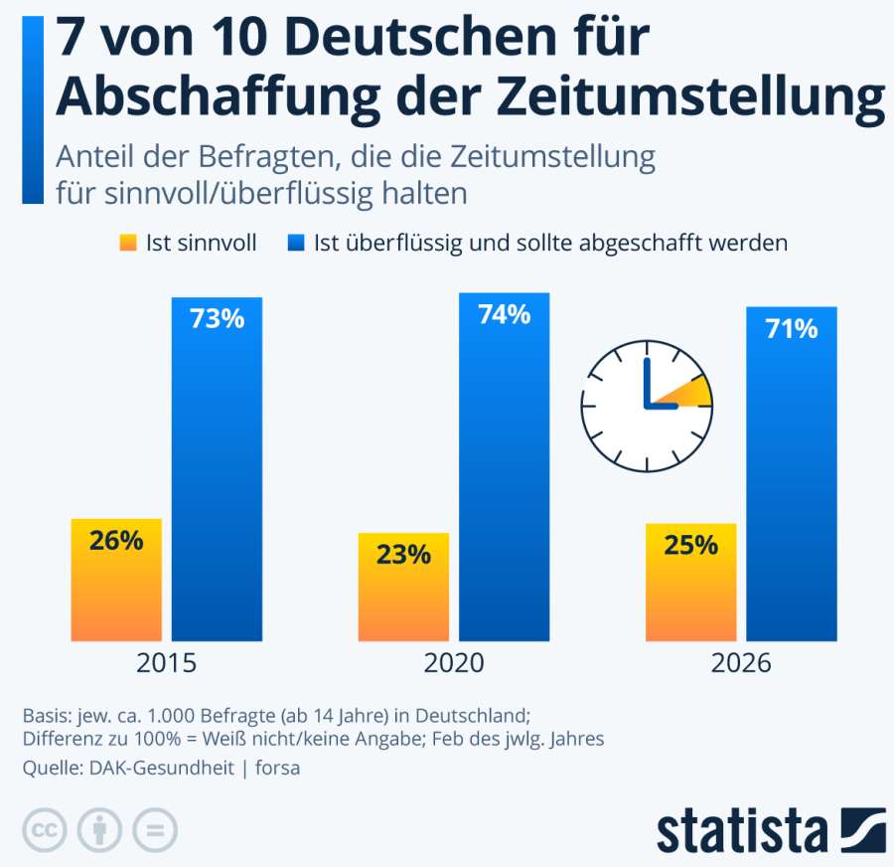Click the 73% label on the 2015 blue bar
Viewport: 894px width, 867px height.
tap(217, 319)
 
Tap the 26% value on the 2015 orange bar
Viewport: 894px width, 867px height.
tap(116, 541)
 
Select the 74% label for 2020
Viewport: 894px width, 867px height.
tap(504, 315)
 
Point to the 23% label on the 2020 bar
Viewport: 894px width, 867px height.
tap(403, 555)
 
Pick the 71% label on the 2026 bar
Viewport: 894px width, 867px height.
tap(792, 328)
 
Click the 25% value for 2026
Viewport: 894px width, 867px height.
tap(691, 545)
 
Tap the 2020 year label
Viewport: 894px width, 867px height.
tap(454, 663)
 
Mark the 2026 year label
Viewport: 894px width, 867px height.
tap(741, 663)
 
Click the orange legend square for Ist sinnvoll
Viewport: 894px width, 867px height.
tap(126, 243)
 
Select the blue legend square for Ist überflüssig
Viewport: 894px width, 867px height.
tap(295, 243)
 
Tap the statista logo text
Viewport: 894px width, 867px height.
tap(742, 830)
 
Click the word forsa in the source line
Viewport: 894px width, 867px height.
tap(278, 768)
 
